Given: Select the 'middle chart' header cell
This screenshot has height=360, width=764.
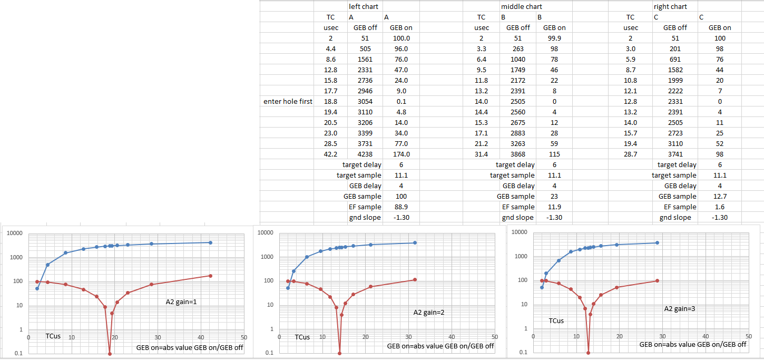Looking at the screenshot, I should (x=521, y=7).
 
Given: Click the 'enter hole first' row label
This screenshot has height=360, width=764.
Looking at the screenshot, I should (x=288, y=102).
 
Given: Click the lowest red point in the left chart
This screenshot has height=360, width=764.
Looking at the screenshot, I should (x=110, y=354).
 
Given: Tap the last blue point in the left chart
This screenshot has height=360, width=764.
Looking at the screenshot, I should (x=210, y=242).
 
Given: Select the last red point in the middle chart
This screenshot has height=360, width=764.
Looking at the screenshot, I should (x=415, y=279).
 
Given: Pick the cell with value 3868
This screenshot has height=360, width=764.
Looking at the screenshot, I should (x=518, y=154).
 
